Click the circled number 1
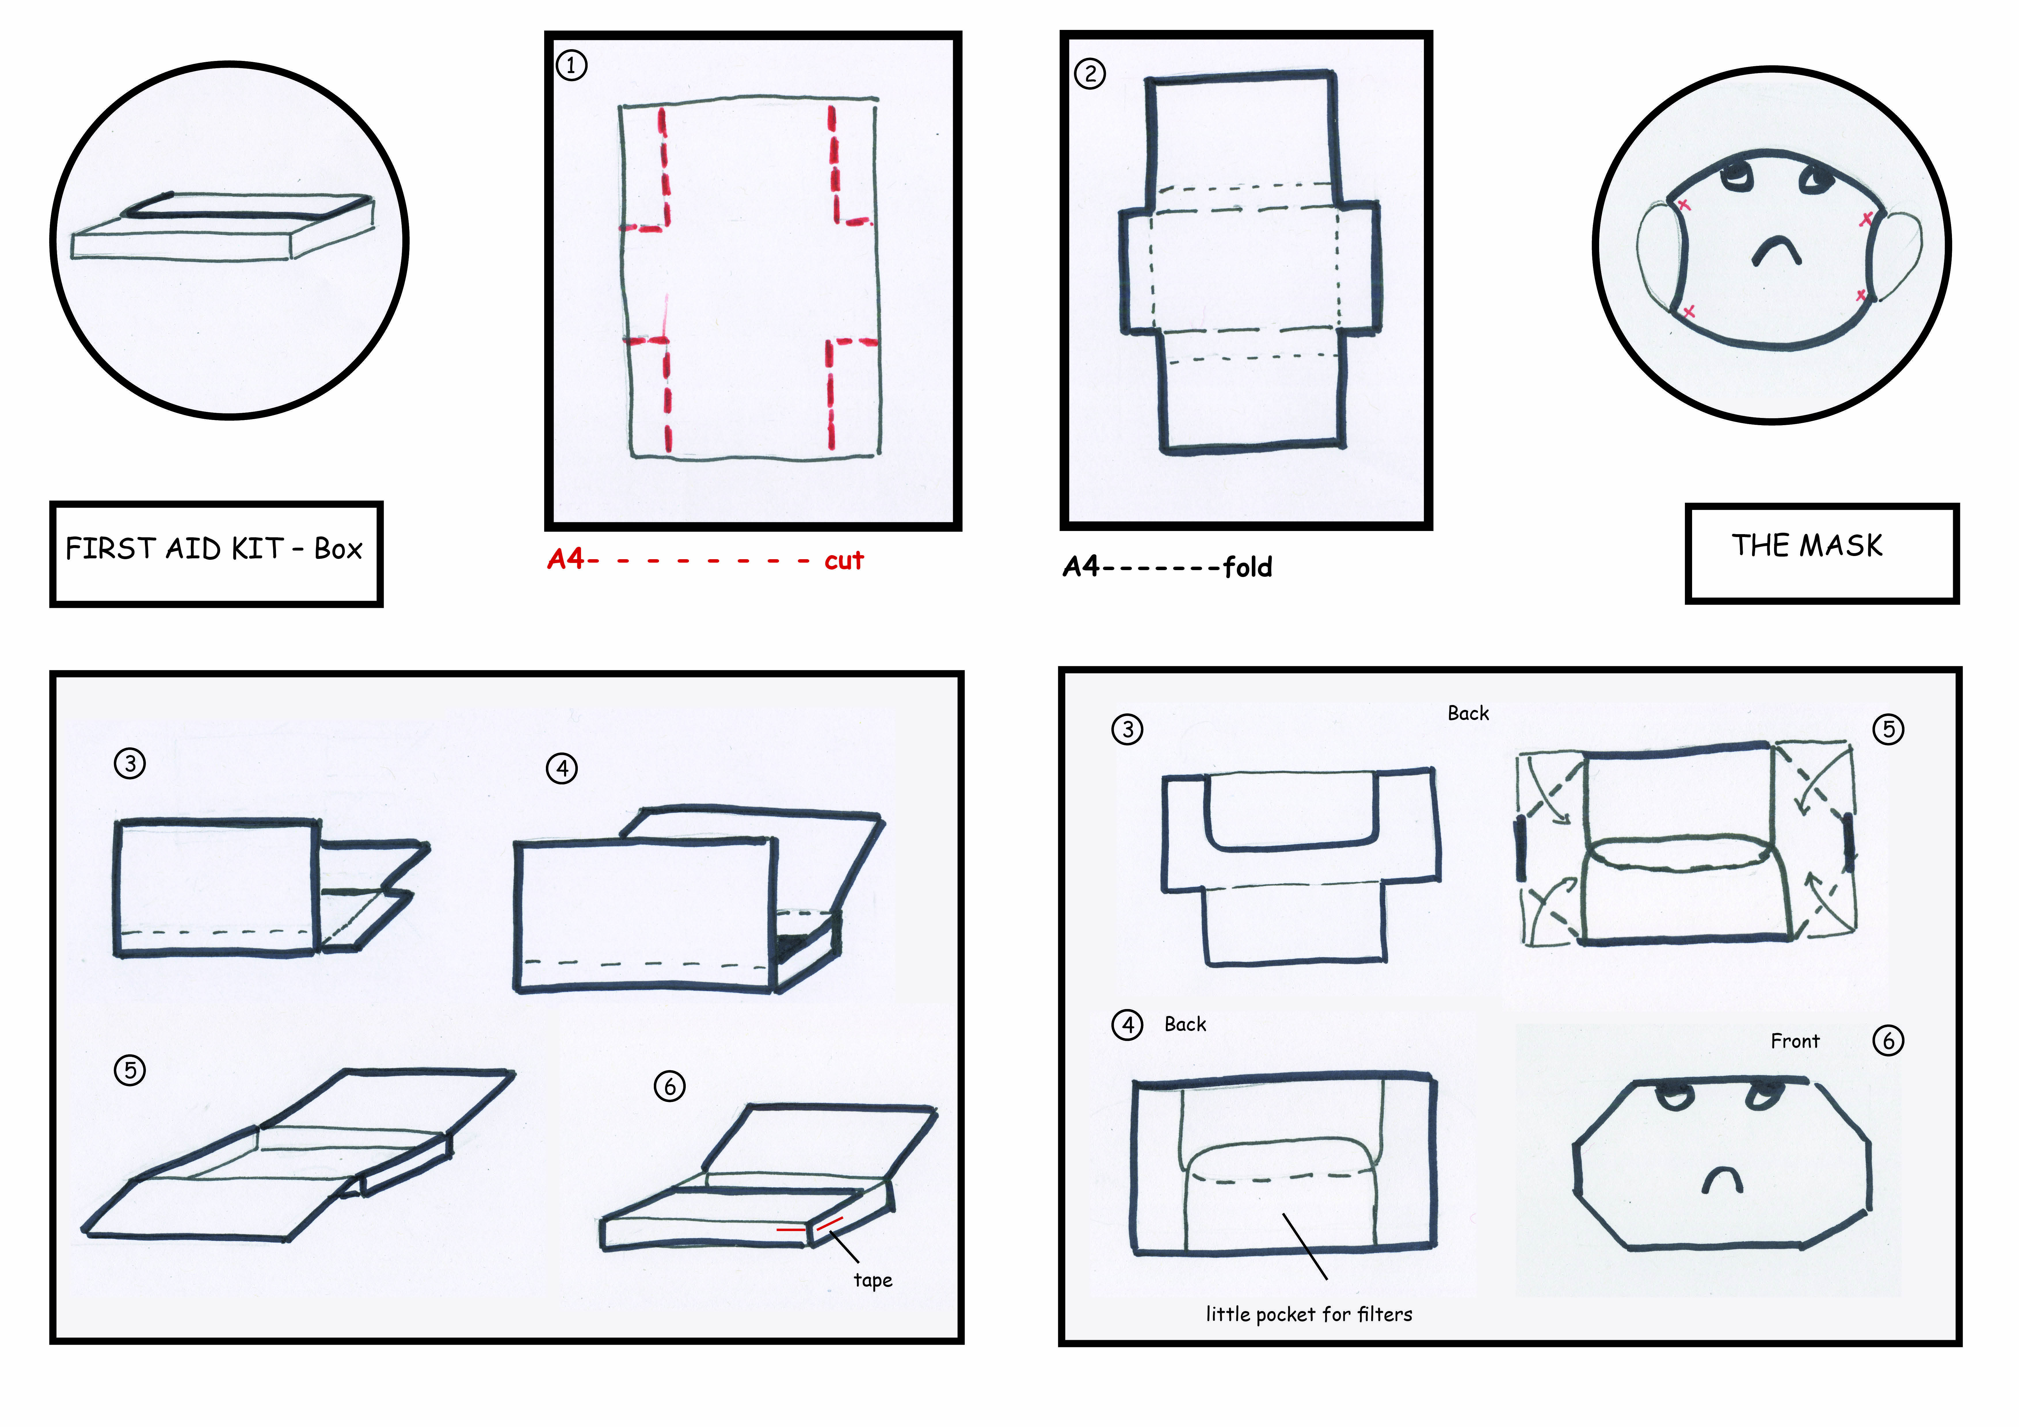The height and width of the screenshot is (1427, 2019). (572, 65)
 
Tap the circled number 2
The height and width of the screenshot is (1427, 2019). (1090, 74)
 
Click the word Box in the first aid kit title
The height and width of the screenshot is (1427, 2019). (338, 549)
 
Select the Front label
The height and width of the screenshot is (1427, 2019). (1795, 1041)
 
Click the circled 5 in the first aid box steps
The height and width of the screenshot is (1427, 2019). (130, 1070)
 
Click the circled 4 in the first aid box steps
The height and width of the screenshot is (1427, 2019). (562, 769)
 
